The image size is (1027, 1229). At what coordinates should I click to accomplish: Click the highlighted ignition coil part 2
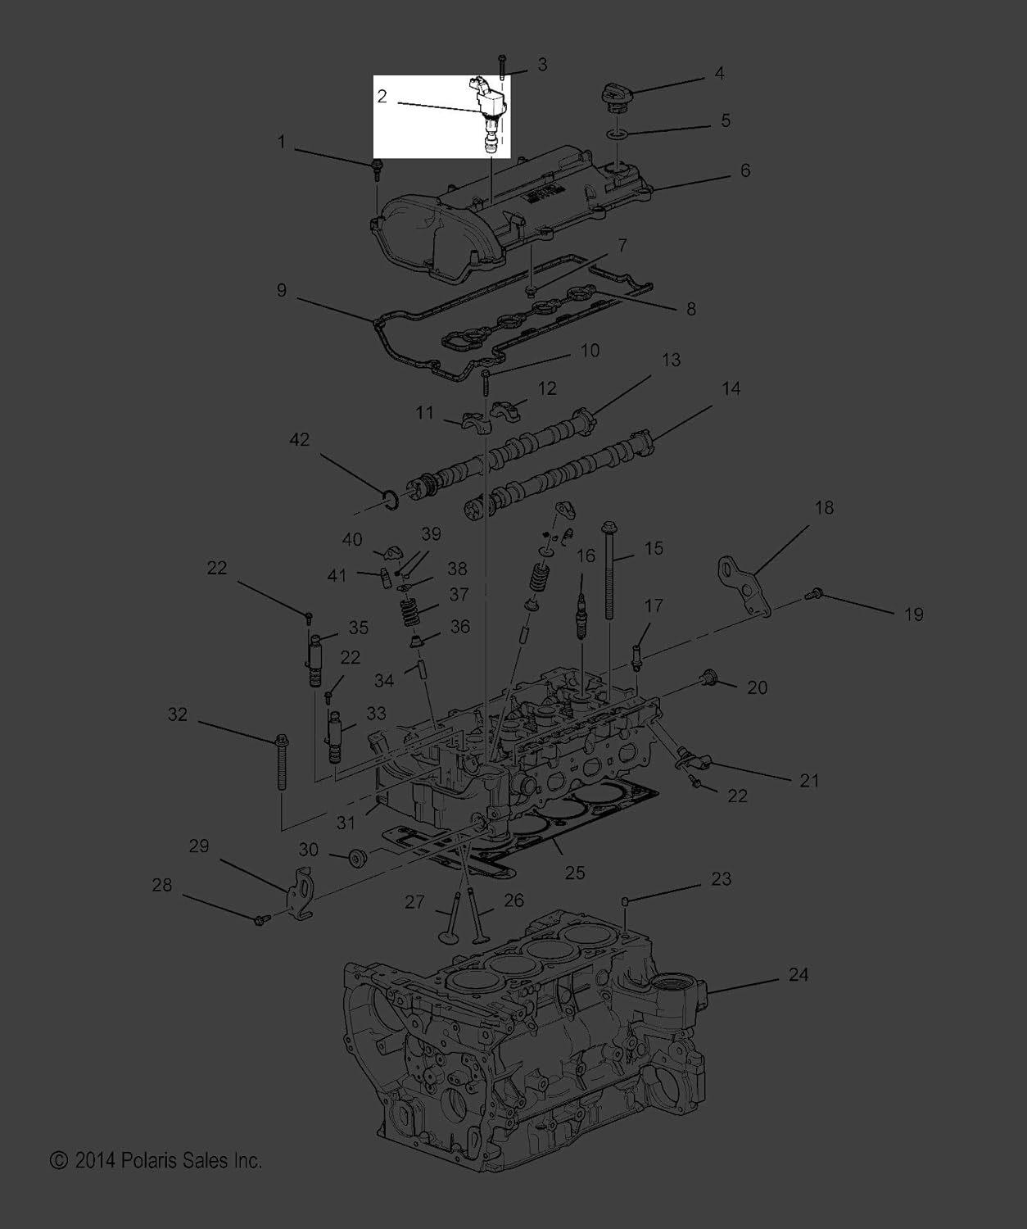pyautogui.click(x=488, y=116)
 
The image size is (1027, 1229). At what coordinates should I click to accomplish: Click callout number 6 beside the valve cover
pyautogui.click(x=745, y=170)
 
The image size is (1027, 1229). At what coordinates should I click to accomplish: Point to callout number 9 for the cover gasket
pyautogui.click(x=282, y=290)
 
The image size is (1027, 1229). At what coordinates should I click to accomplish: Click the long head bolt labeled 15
pyautogui.click(x=609, y=570)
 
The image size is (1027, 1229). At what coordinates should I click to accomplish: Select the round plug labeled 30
pyautogui.click(x=357, y=858)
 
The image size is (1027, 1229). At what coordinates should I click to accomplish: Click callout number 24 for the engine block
pyautogui.click(x=798, y=974)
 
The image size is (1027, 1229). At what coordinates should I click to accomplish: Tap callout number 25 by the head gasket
pyautogui.click(x=575, y=872)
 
